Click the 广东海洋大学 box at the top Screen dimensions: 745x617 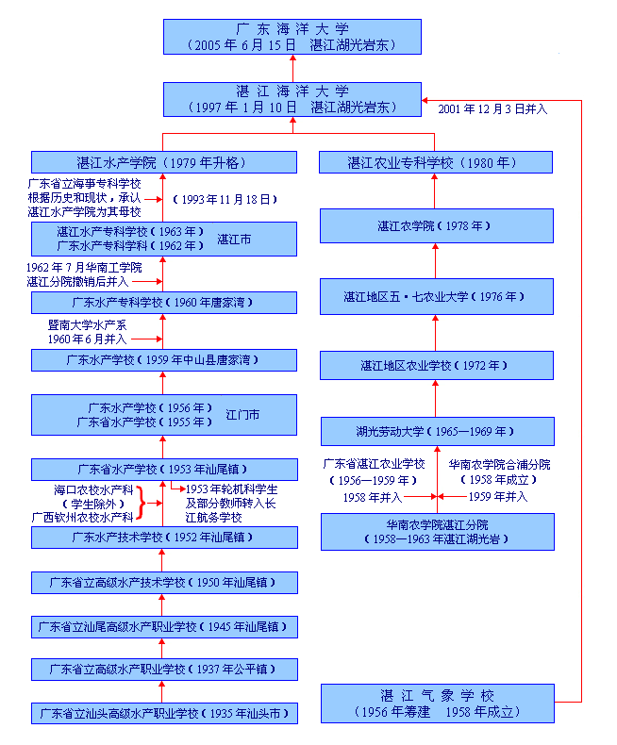coord(292,37)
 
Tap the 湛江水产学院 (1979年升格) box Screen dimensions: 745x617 coord(164,162)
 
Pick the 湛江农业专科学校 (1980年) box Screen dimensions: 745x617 coord(435,162)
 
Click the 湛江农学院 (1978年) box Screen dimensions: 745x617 coord(435,226)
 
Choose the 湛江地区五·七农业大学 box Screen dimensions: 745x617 coord(435,296)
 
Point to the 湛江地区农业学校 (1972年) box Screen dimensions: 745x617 coord(435,365)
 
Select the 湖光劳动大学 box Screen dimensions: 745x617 coord(435,432)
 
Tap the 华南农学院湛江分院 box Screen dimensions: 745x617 coord(435,531)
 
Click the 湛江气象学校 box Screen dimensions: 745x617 coord(435,704)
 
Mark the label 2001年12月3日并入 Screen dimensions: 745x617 coord(492,108)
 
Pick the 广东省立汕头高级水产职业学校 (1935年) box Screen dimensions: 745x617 coord(164,713)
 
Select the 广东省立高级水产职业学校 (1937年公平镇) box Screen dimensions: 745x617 coord(164,670)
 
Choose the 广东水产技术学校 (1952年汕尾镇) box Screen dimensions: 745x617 coord(164,538)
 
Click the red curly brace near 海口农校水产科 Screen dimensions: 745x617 coord(142,503)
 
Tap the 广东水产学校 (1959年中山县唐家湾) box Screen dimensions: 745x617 coord(164,360)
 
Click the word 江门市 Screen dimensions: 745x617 coord(242,414)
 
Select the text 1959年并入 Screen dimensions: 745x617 coord(498,496)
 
